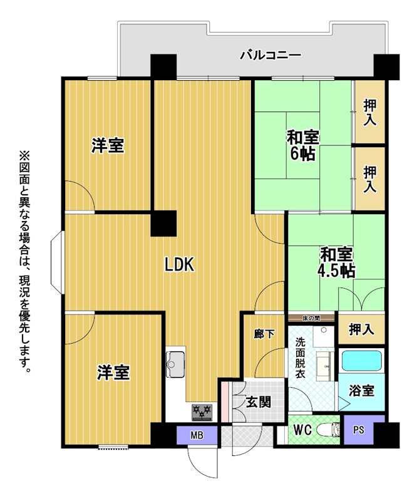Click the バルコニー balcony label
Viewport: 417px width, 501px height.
(270, 56)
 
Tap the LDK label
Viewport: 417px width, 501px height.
(179, 264)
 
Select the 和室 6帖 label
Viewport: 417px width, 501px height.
(302, 146)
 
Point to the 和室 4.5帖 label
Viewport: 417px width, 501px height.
(336, 262)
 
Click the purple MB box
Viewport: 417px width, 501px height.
(197, 435)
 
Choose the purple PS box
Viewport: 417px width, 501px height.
(359, 430)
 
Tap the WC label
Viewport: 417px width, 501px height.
(302, 430)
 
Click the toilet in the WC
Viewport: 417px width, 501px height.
(330, 430)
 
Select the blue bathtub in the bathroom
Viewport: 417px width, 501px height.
(362, 361)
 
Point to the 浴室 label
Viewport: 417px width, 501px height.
(361, 390)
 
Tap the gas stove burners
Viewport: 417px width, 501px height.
(202, 412)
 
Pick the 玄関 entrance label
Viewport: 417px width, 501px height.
(259, 401)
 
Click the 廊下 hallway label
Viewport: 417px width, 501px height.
(264, 334)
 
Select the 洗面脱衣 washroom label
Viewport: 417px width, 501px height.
(300, 358)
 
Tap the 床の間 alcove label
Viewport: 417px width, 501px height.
(312, 318)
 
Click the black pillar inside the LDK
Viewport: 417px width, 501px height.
(163, 224)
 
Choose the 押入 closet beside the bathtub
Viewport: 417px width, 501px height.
(361, 329)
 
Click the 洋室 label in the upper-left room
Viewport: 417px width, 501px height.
(108, 145)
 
